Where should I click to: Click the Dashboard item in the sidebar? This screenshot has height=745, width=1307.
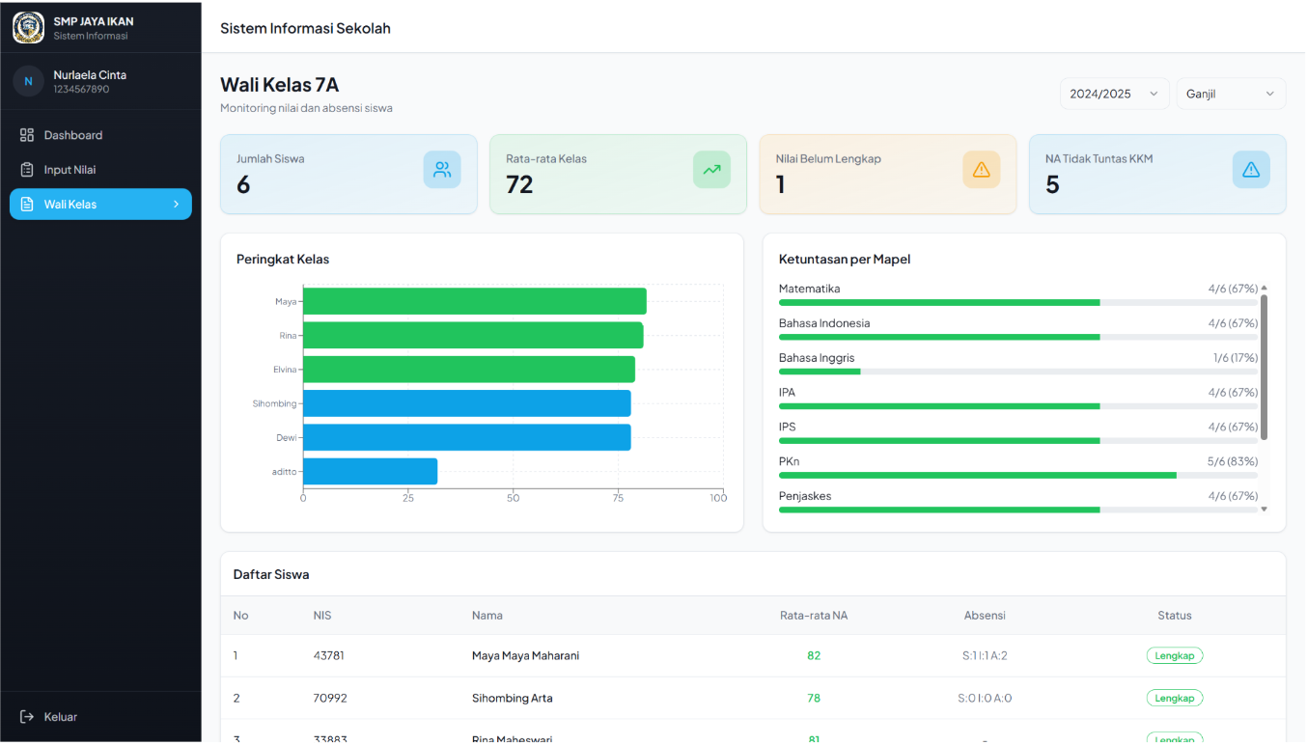(x=61, y=135)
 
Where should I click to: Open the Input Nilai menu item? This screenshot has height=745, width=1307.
(x=58, y=170)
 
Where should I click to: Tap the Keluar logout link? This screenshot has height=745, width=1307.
(x=48, y=716)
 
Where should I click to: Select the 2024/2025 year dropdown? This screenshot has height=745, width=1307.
(x=1114, y=94)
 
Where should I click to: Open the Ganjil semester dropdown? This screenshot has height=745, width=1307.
(x=1231, y=94)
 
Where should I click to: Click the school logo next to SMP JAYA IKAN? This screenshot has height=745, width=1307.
(x=29, y=27)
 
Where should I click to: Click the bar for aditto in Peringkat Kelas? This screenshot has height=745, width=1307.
(x=370, y=471)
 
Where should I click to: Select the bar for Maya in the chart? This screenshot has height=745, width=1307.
(x=474, y=301)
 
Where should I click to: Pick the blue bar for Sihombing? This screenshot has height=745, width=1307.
(x=467, y=403)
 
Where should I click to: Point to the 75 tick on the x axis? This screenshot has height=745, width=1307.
(x=618, y=498)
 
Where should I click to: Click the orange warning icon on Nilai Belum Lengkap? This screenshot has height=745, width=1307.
(x=981, y=170)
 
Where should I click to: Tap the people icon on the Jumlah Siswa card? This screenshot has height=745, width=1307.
(x=442, y=170)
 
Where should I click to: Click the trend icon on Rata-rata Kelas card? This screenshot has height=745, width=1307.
(x=711, y=170)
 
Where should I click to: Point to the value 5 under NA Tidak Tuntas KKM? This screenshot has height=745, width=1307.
(x=1052, y=184)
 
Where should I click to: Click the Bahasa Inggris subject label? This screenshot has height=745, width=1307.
(x=817, y=358)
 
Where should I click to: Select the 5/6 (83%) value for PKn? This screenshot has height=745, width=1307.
(x=1233, y=461)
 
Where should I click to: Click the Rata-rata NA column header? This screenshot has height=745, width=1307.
(x=814, y=615)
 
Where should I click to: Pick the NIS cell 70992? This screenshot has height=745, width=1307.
(x=330, y=698)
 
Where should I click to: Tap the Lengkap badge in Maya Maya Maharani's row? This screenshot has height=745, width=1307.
(x=1174, y=655)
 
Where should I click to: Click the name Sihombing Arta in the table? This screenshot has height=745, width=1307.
(x=512, y=698)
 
